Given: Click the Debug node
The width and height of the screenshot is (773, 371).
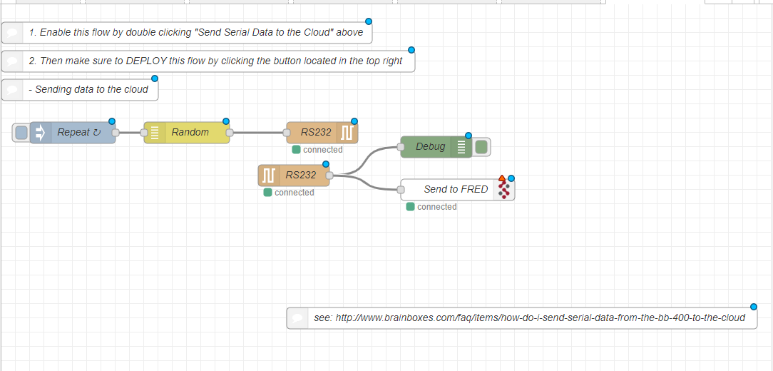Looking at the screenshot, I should [x=430, y=147].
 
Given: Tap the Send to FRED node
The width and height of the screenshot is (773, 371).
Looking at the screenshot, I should [x=455, y=189].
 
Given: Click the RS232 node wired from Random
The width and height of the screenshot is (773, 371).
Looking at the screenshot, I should [x=315, y=132].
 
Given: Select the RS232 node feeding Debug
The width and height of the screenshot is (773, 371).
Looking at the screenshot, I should [x=300, y=175].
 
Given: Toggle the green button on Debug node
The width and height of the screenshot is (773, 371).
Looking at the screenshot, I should [x=481, y=147].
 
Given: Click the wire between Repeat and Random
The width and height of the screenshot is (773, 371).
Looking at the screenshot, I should [x=130, y=132].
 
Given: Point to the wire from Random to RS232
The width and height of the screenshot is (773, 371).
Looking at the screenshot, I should [x=258, y=132].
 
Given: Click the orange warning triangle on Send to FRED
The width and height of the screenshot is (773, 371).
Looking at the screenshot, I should [x=502, y=178].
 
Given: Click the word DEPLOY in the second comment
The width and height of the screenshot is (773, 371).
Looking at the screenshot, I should [x=147, y=61].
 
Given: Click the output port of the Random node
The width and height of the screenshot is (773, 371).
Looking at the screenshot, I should [x=230, y=132].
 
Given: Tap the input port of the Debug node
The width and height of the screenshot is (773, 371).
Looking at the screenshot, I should [x=401, y=147].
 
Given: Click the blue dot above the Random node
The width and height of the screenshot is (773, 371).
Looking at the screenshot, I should [x=226, y=121].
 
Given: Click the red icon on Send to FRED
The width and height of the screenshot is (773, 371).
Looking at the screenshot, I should [x=504, y=190].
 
